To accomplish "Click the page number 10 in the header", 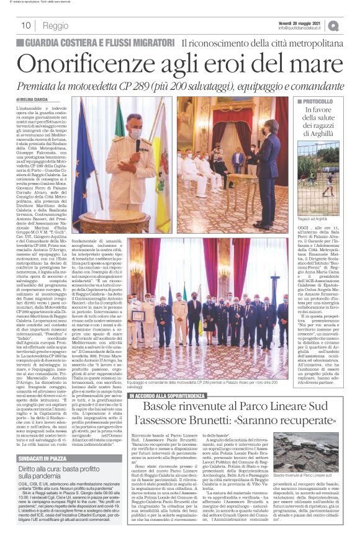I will click(x=26, y=25).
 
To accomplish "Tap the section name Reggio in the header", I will click(x=56, y=25).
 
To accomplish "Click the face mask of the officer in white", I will click(x=136, y=133).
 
